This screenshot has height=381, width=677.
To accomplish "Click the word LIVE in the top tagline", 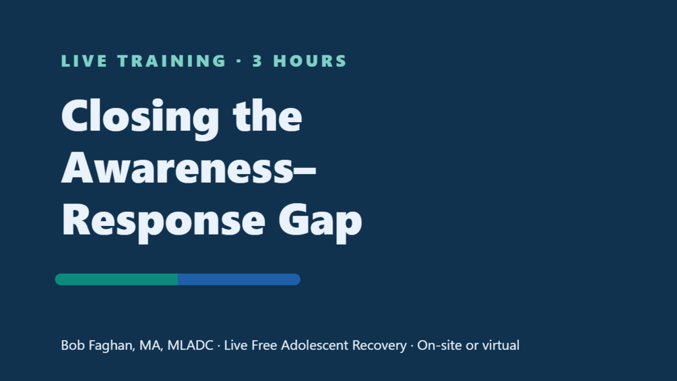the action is pos(84,61).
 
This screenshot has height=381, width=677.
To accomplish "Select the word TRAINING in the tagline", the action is pos(171,61).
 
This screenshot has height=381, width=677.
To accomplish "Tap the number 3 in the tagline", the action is pos(257,61).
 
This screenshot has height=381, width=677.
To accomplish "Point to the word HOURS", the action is pos(310,61).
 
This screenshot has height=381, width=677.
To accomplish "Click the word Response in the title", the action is pos(163,222).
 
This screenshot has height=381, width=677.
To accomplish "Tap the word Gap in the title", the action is pos(320,222).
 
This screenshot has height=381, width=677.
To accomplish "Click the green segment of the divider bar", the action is pos(116,279).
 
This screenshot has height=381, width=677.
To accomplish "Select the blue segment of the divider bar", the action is pos(238,279).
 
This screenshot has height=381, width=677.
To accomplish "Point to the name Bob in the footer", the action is pos(73,345).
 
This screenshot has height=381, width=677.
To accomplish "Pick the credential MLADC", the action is pos(190,345).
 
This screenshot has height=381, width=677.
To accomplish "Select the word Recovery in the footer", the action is pos(379,346).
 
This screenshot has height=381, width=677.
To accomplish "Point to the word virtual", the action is pos(501,345).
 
